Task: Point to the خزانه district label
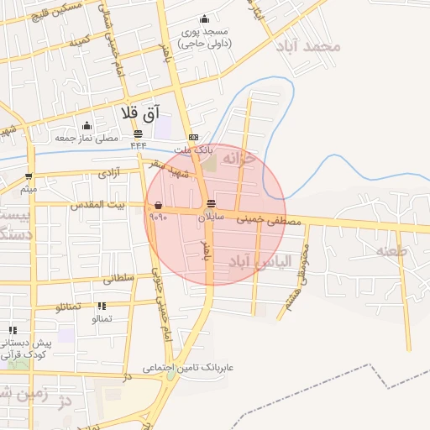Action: (x=254, y=160)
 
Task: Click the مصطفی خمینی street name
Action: (x=268, y=220)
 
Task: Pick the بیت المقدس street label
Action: (x=98, y=205)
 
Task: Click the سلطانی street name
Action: (x=118, y=278)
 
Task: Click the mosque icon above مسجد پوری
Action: (x=204, y=19)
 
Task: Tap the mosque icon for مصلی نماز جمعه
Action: (x=87, y=126)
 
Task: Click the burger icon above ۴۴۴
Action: (x=138, y=134)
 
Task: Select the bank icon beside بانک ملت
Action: (x=193, y=137)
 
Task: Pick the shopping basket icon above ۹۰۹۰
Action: (x=158, y=204)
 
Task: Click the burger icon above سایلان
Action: (x=209, y=204)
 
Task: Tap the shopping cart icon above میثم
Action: (x=29, y=176)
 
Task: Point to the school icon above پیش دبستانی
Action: (x=12, y=331)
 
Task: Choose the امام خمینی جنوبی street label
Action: (x=162, y=286)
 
